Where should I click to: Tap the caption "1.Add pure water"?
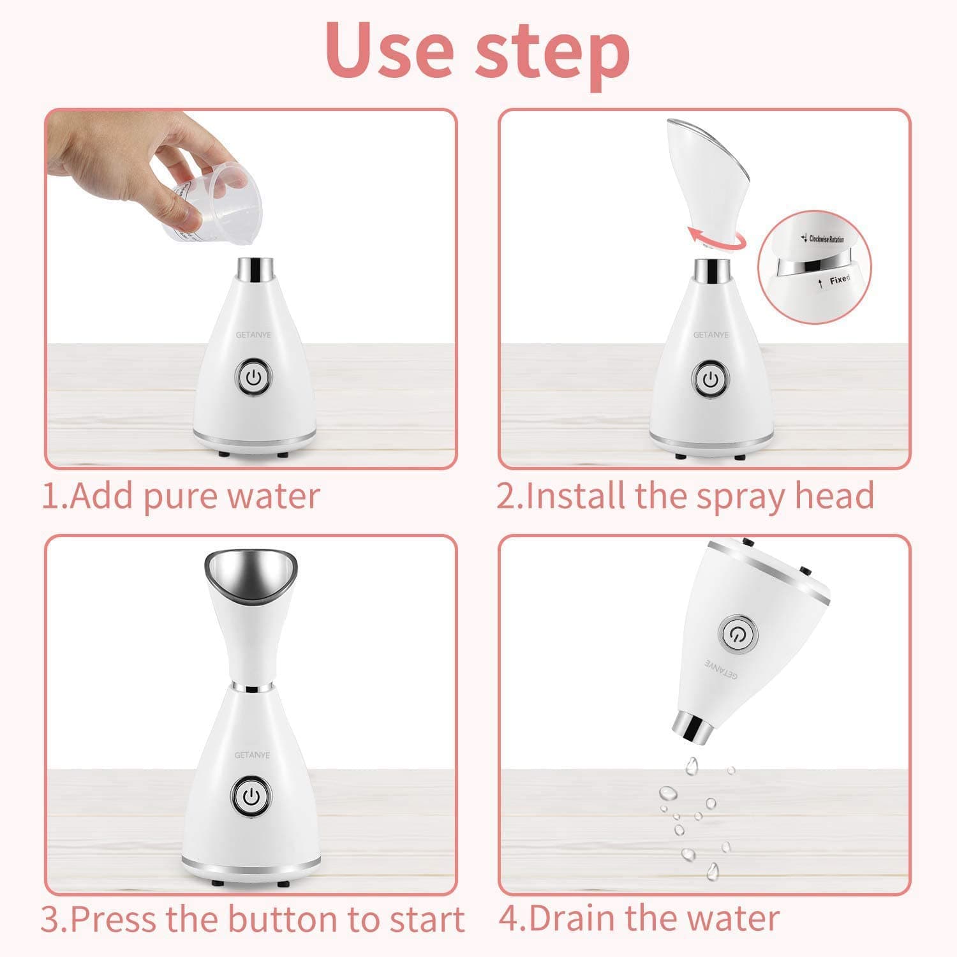181,496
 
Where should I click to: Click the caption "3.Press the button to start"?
253,919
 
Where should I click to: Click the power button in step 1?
255,379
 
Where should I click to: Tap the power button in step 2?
711,380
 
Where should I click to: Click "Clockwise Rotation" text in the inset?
826,239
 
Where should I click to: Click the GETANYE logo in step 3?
252,755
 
